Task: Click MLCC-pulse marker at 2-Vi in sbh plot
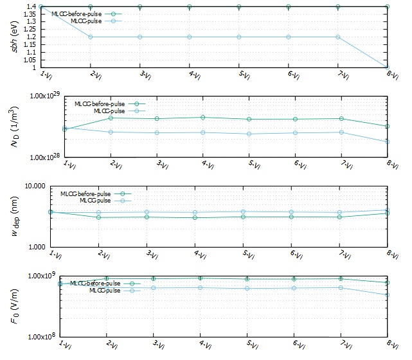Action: click(x=91, y=37)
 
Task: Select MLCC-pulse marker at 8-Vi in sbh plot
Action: click(x=388, y=67)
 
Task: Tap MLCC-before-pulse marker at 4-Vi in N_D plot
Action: click(x=203, y=117)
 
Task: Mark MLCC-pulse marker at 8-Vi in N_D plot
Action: click(x=388, y=141)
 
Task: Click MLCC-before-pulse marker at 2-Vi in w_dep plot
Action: click(x=98, y=217)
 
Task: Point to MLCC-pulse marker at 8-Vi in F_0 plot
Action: click(x=388, y=295)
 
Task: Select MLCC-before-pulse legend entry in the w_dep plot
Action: click(x=86, y=194)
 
